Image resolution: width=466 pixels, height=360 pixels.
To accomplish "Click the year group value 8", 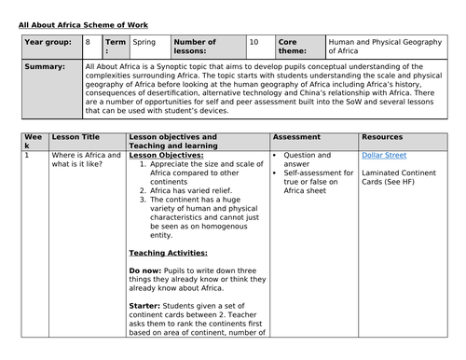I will pyautogui.click(x=88, y=42).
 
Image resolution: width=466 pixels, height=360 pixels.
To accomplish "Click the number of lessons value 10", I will pyautogui.click(x=254, y=42).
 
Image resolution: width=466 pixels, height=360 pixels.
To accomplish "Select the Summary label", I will pyautogui.click(x=45, y=67).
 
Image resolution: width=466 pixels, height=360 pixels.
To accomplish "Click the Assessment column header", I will pyautogui.click(x=297, y=136).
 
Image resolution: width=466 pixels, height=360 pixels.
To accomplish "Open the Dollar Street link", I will pyautogui.click(x=384, y=156).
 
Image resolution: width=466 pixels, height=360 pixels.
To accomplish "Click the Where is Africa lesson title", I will pyautogui.click(x=79, y=160).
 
